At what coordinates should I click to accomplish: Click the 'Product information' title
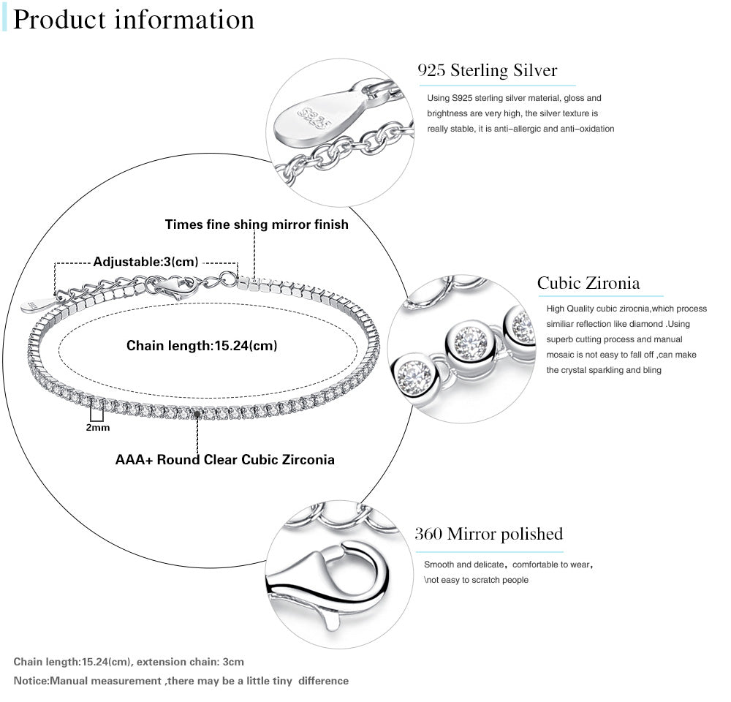pyautogui.click(x=134, y=20)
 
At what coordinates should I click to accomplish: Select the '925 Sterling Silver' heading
pyautogui.click(x=487, y=71)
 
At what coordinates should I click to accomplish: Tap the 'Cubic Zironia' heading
pyautogui.click(x=588, y=283)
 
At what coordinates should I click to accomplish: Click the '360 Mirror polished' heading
pyautogui.click(x=488, y=534)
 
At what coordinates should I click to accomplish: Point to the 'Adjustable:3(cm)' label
pyautogui.click(x=145, y=262)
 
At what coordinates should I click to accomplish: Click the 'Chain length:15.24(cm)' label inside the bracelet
pyautogui.click(x=202, y=345)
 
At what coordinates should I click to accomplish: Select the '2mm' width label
pyautogui.click(x=97, y=427)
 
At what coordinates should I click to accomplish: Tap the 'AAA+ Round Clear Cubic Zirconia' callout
pyautogui.click(x=225, y=460)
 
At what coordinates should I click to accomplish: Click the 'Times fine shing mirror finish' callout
pyautogui.click(x=257, y=224)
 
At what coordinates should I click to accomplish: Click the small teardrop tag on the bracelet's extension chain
pyautogui.click(x=35, y=305)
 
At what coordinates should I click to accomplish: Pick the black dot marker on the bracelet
pyautogui.click(x=197, y=414)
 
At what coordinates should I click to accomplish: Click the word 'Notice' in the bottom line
pyautogui.click(x=31, y=681)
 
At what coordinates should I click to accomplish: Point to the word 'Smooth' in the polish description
pyautogui.click(x=439, y=565)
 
